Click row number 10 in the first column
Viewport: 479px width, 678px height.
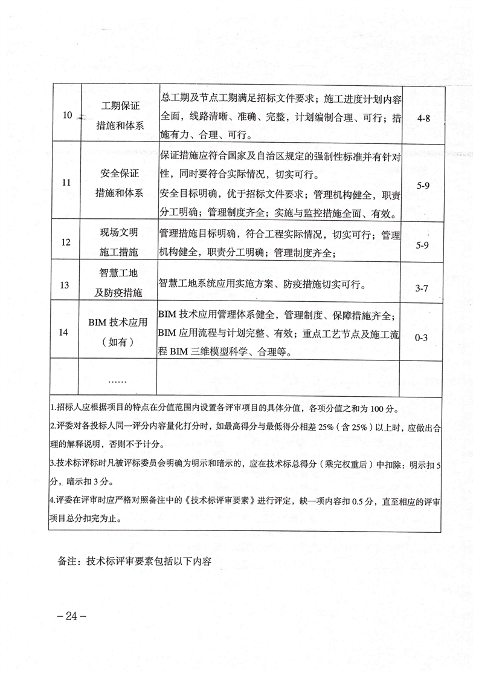tap(67, 115)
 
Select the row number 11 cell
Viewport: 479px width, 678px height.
tap(67, 181)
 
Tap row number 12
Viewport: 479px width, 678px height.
tap(67, 243)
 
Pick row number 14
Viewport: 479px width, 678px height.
tap(67, 332)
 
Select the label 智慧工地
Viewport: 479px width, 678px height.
tap(120, 273)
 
